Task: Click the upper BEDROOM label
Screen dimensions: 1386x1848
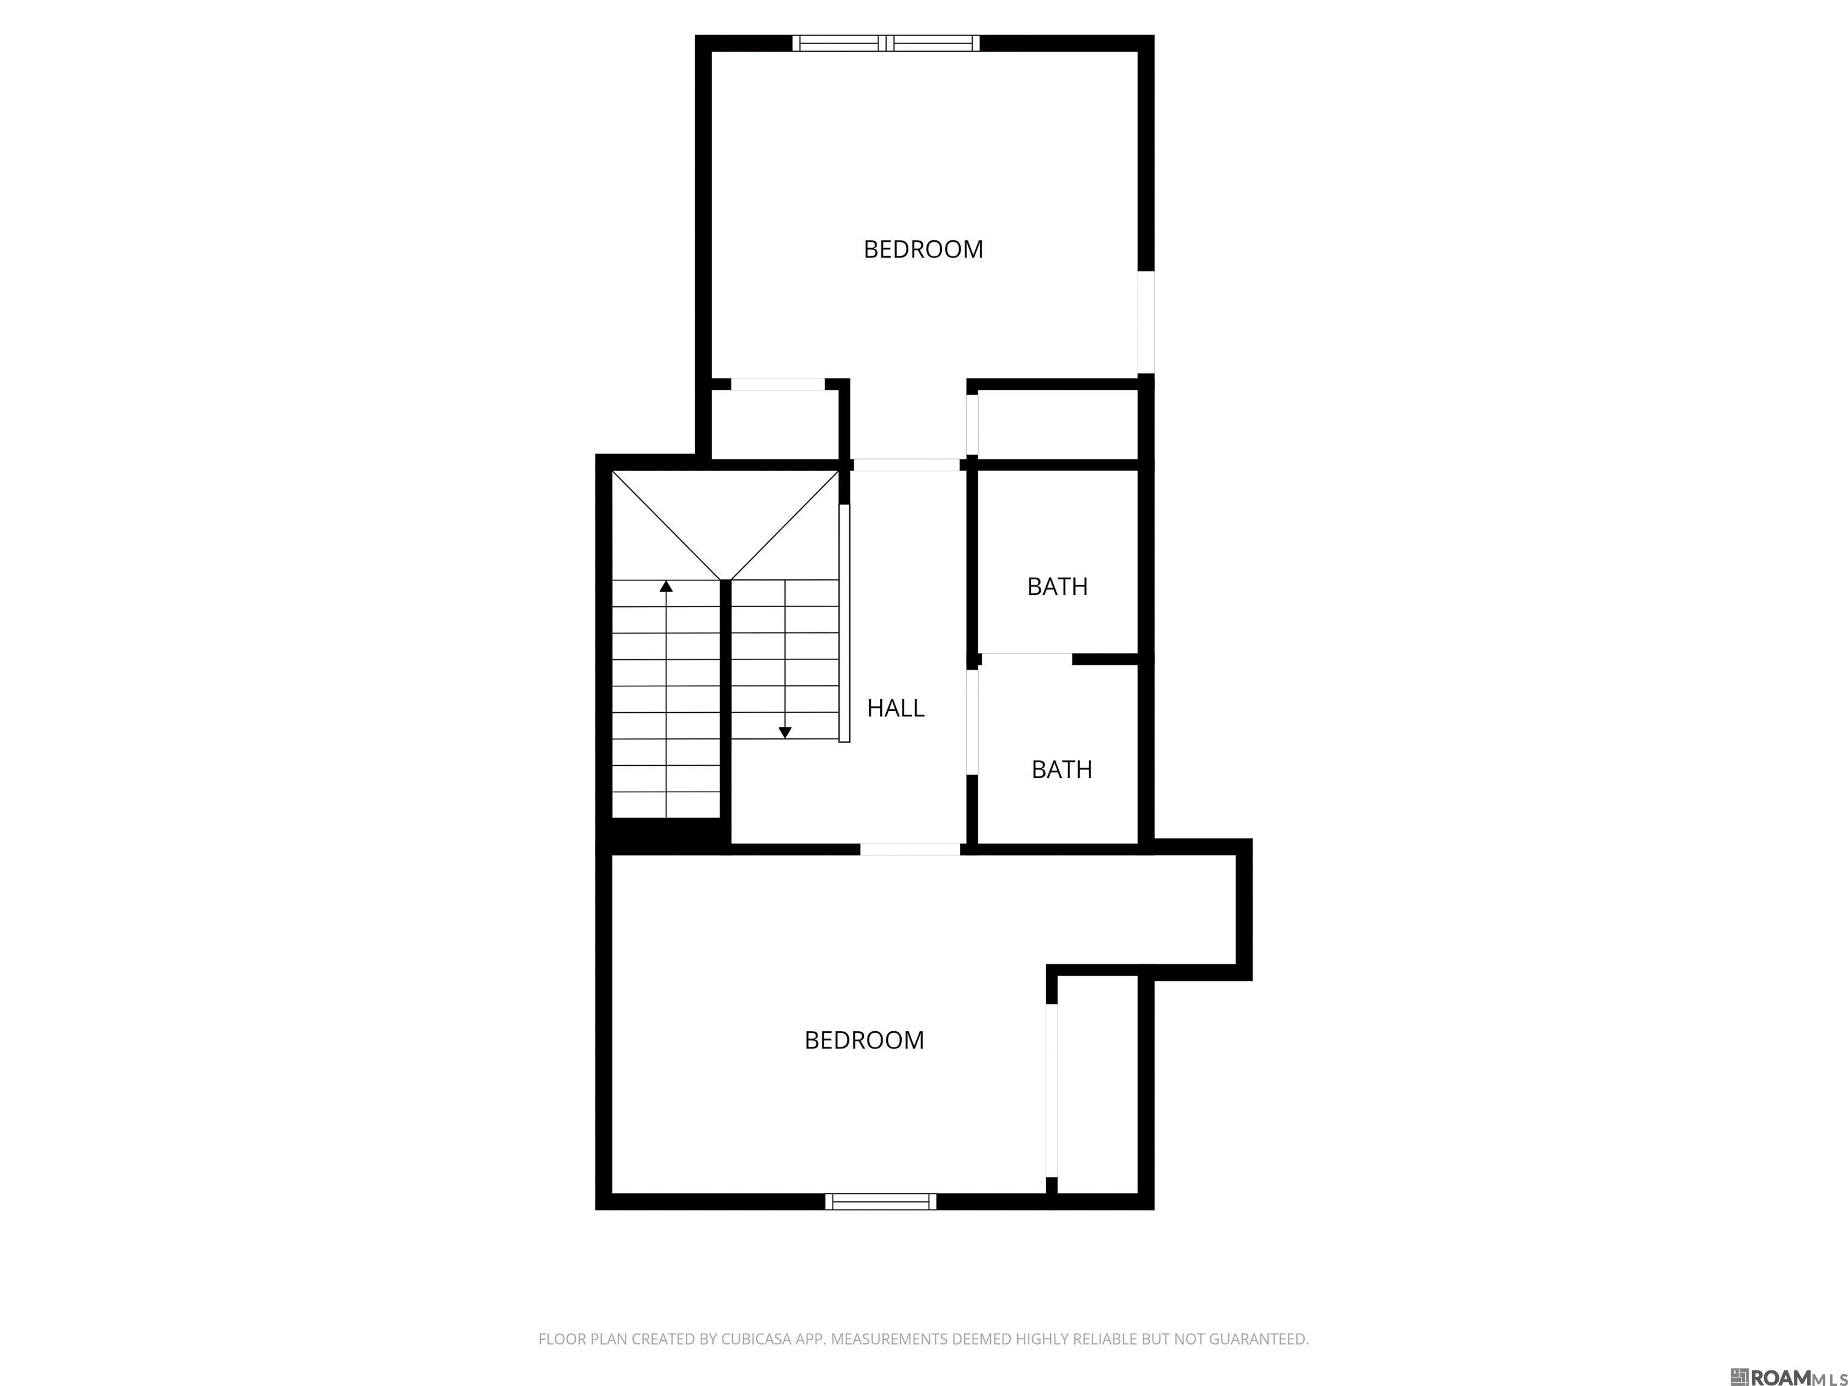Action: click(923, 249)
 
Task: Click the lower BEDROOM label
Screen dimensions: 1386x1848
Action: click(864, 1040)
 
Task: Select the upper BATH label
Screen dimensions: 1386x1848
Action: click(1058, 587)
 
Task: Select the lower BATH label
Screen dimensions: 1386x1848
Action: click(1062, 769)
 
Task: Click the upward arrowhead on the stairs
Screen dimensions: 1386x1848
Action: click(666, 587)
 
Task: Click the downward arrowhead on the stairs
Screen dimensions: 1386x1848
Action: click(784, 733)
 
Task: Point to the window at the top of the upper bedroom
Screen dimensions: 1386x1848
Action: click(885, 43)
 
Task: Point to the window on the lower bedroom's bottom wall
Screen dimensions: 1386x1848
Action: click(881, 1201)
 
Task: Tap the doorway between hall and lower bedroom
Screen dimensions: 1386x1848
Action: click(910, 849)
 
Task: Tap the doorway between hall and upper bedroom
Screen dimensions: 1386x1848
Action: click(907, 464)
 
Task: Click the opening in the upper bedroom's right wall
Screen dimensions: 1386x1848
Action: click(1146, 322)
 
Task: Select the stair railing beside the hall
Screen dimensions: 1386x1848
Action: click(844, 623)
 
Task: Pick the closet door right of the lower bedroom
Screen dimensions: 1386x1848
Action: click(1052, 1090)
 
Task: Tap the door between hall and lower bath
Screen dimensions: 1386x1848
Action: click(972, 722)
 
